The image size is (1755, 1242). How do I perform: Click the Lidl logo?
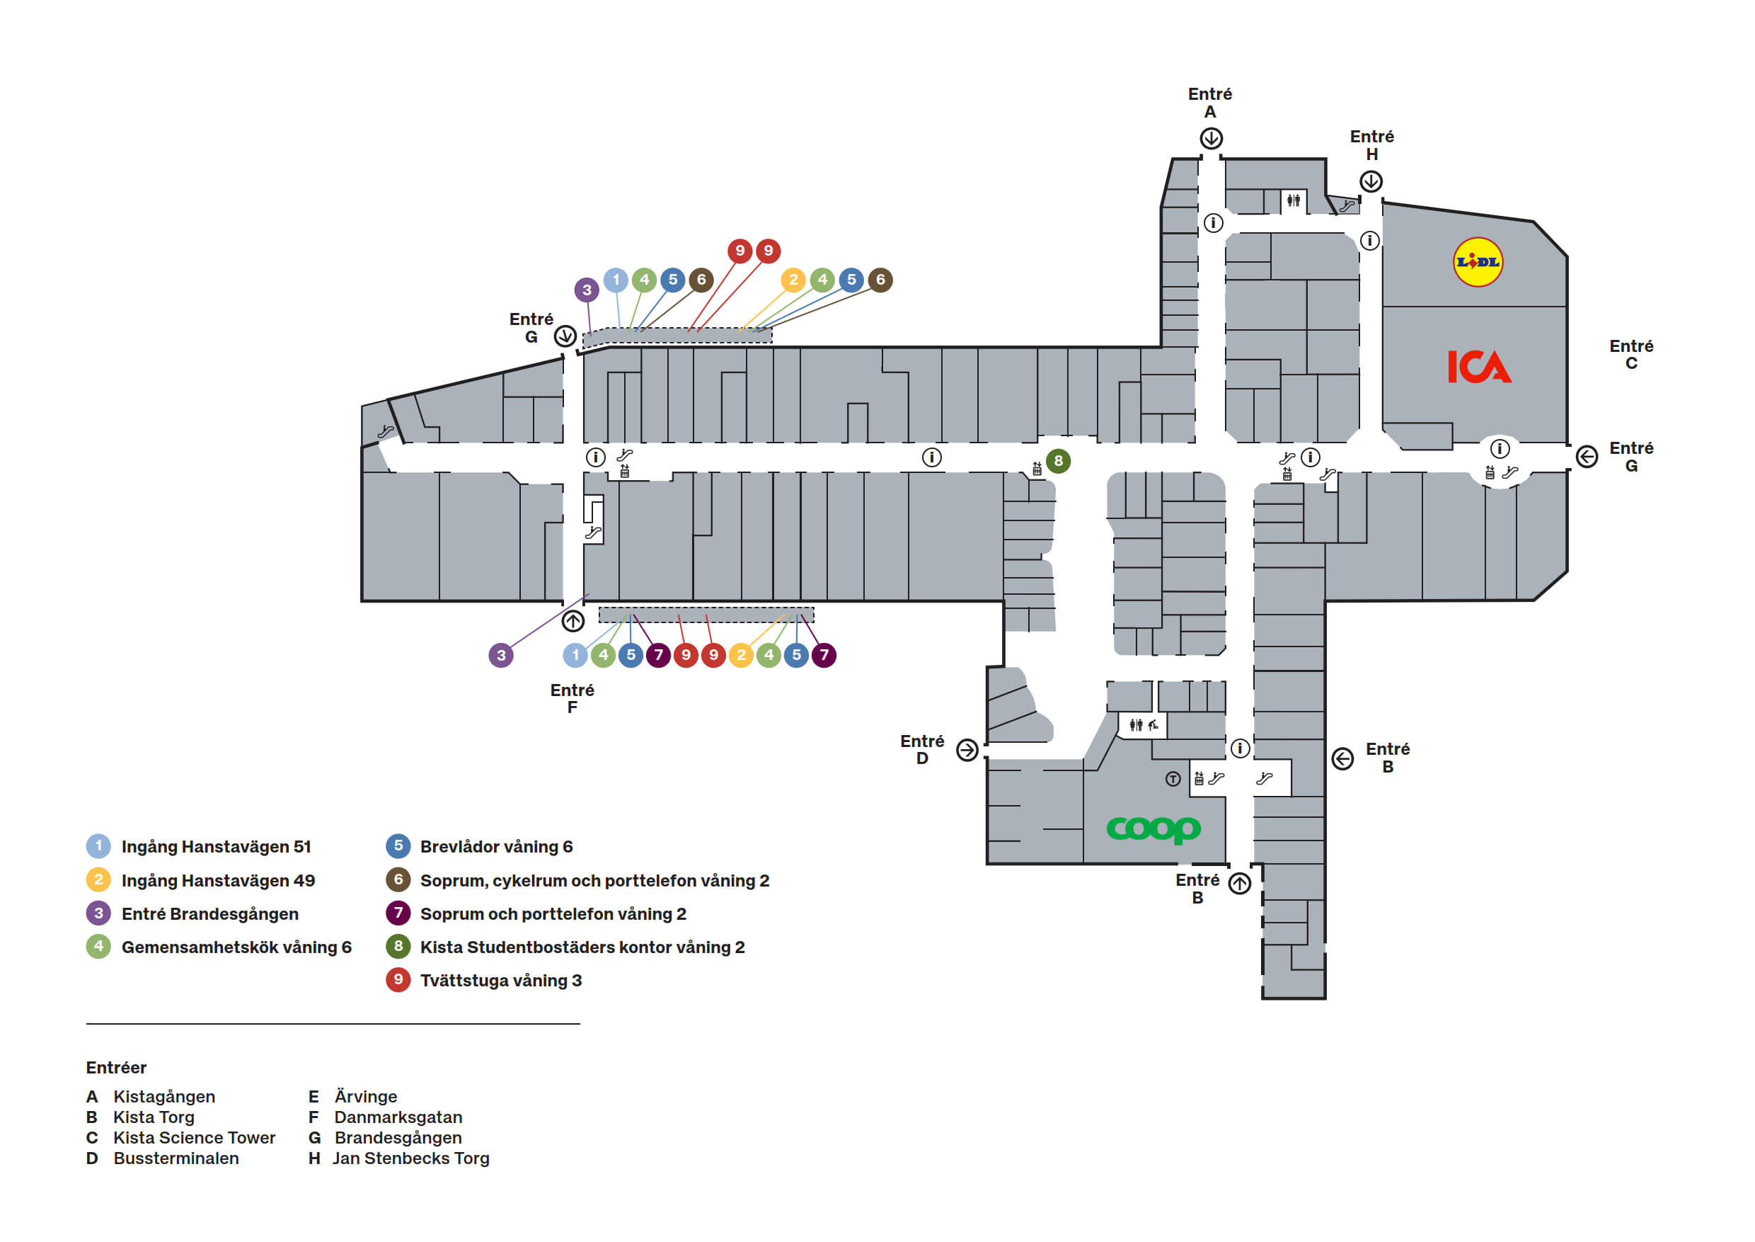[1477, 262]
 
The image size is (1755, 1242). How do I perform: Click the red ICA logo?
[1478, 366]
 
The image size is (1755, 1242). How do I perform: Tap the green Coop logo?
[1153, 828]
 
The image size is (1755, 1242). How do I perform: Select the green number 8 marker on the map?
[1058, 460]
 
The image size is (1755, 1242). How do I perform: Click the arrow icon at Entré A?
[1210, 138]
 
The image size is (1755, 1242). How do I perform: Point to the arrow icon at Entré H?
[1371, 181]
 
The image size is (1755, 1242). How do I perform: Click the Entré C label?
[1630, 354]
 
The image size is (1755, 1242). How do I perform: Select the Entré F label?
[572, 698]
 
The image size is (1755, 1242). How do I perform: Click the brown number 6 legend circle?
[398, 879]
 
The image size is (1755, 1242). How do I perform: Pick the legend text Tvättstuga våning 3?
[500, 981]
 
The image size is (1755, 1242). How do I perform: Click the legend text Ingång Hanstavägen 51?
[216, 847]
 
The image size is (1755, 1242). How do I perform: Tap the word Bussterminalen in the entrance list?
[175, 1158]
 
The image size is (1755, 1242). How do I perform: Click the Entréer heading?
[116, 1068]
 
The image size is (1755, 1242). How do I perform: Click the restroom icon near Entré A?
[1293, 200]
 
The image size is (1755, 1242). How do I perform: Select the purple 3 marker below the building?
[500, 655]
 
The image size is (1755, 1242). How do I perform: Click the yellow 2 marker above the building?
[793, 279]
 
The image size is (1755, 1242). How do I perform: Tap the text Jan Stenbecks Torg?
[410, 1158]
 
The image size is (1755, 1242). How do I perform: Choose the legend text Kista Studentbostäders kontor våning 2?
[582, 947]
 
